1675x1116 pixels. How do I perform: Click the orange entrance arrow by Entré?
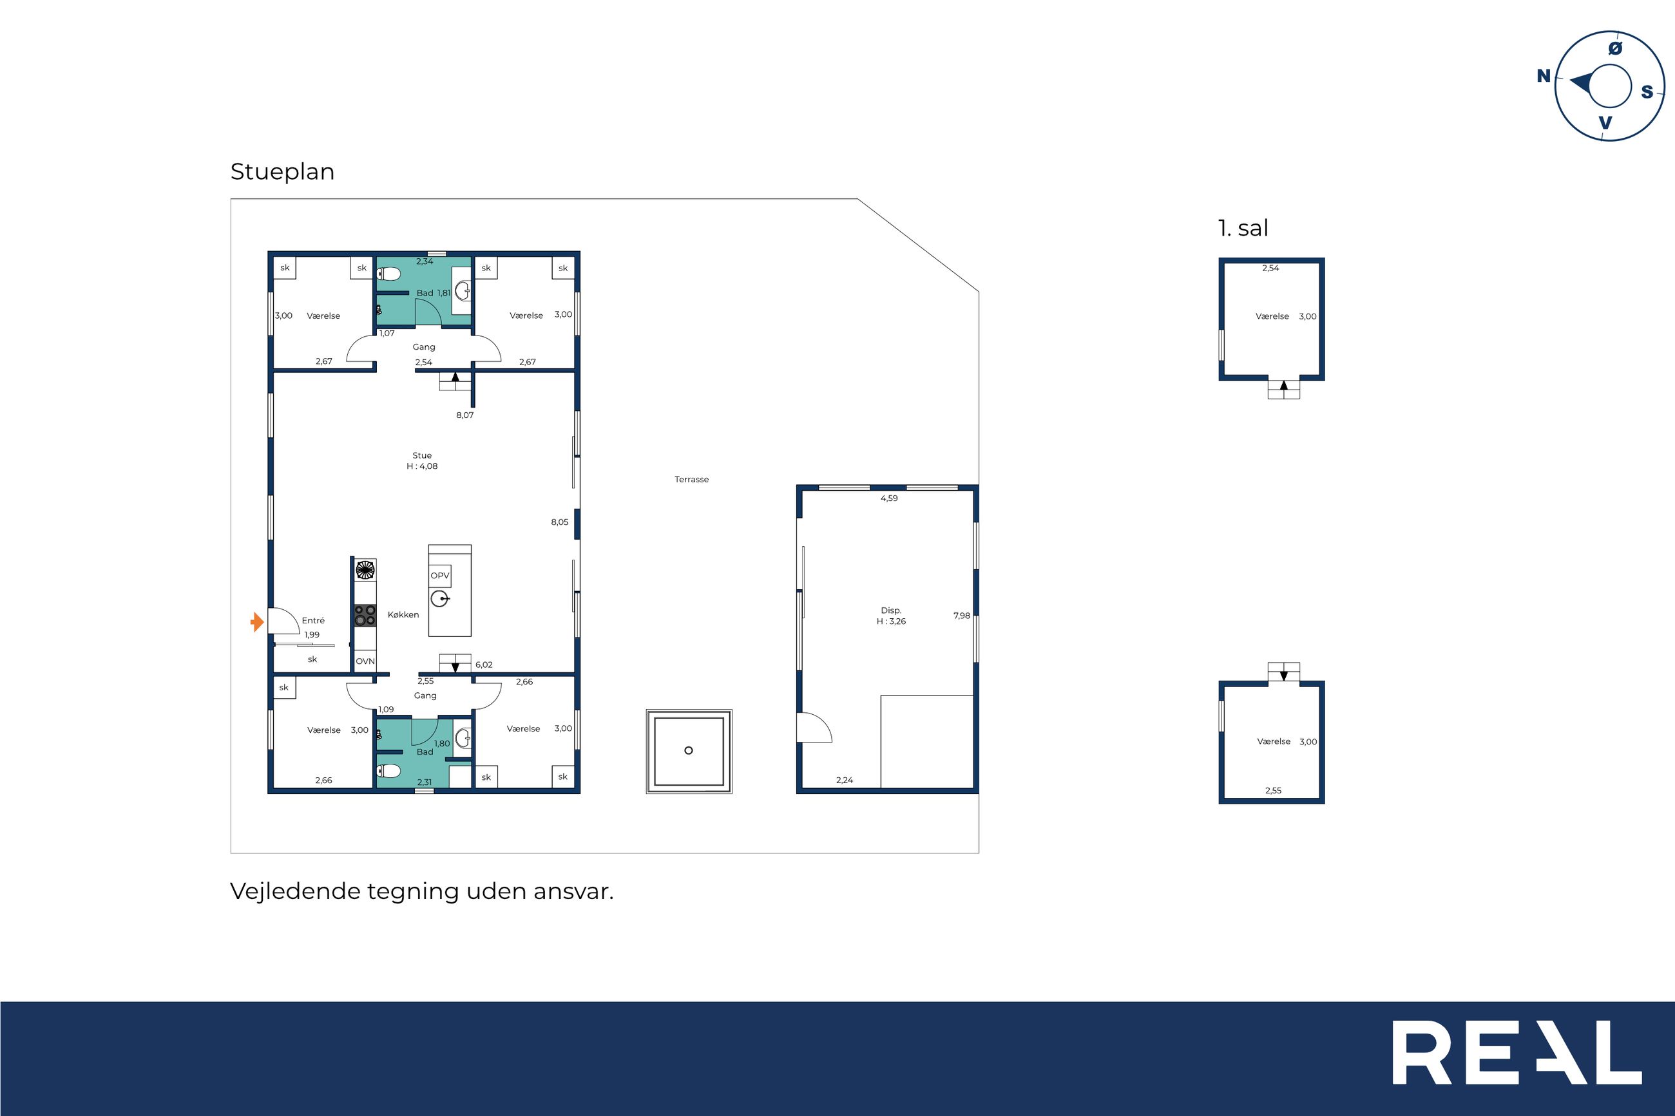pos(258,622)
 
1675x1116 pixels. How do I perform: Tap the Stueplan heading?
pos(282,172)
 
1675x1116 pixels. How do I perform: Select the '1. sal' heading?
pos(1243,229)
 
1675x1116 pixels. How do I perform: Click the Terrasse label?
pos(691,480)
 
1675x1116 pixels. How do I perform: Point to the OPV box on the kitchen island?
pos(440,576)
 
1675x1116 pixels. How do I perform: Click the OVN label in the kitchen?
pos(365,661)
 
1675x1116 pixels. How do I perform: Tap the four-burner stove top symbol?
pos(365,616)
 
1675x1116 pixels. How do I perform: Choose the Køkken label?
pos(403,615)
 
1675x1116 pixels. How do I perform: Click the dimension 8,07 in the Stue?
pos(465,415)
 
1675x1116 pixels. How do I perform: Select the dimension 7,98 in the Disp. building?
pos(962,616)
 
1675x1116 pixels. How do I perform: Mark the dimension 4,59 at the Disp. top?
pos(889,498)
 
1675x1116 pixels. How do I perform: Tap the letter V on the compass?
pos(1605,123)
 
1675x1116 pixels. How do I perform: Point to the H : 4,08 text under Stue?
pos(422,466)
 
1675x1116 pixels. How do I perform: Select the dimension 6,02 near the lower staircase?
pos(484,665)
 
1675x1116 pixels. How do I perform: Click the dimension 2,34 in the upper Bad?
pos(425,262)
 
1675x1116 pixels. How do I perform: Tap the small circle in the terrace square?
pos(689,750)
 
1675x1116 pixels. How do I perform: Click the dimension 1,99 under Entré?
pos(312,635)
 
